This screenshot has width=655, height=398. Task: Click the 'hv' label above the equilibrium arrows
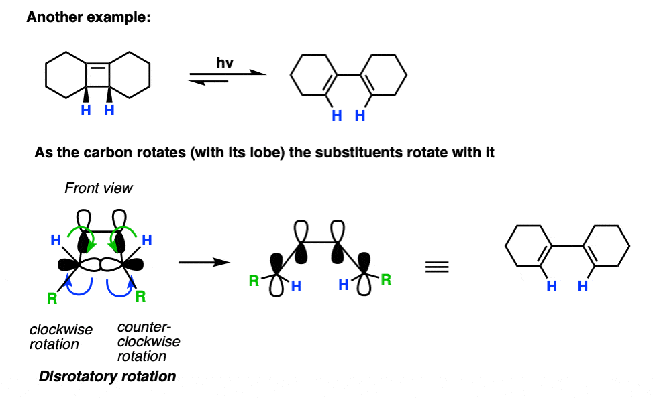[x=225, y=63]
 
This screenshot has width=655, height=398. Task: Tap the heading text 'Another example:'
[x=89, y=17]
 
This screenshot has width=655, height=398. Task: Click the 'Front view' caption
[x=99, y=188]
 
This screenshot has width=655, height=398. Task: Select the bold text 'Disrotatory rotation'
[x=107, y=377]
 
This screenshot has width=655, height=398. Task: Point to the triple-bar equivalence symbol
[x=437, y=267]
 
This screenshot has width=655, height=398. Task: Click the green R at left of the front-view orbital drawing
[x=52, y=298]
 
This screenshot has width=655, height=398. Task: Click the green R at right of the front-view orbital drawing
[x=140, y=296]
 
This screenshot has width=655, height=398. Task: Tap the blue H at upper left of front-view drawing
[x=56, y=240]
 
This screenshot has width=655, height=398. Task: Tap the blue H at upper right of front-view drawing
[x=146, y=240]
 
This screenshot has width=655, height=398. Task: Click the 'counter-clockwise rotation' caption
[x=148, y=342]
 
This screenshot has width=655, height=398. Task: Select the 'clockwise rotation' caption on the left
[x=60, y=336]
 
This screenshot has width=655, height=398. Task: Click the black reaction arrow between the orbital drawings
[x=204, y=263]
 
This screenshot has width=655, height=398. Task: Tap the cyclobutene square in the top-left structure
[x=98, y=76]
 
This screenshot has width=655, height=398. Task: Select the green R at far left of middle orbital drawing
[x=254, y=281]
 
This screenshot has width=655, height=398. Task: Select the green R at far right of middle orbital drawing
[x=386, y=279]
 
